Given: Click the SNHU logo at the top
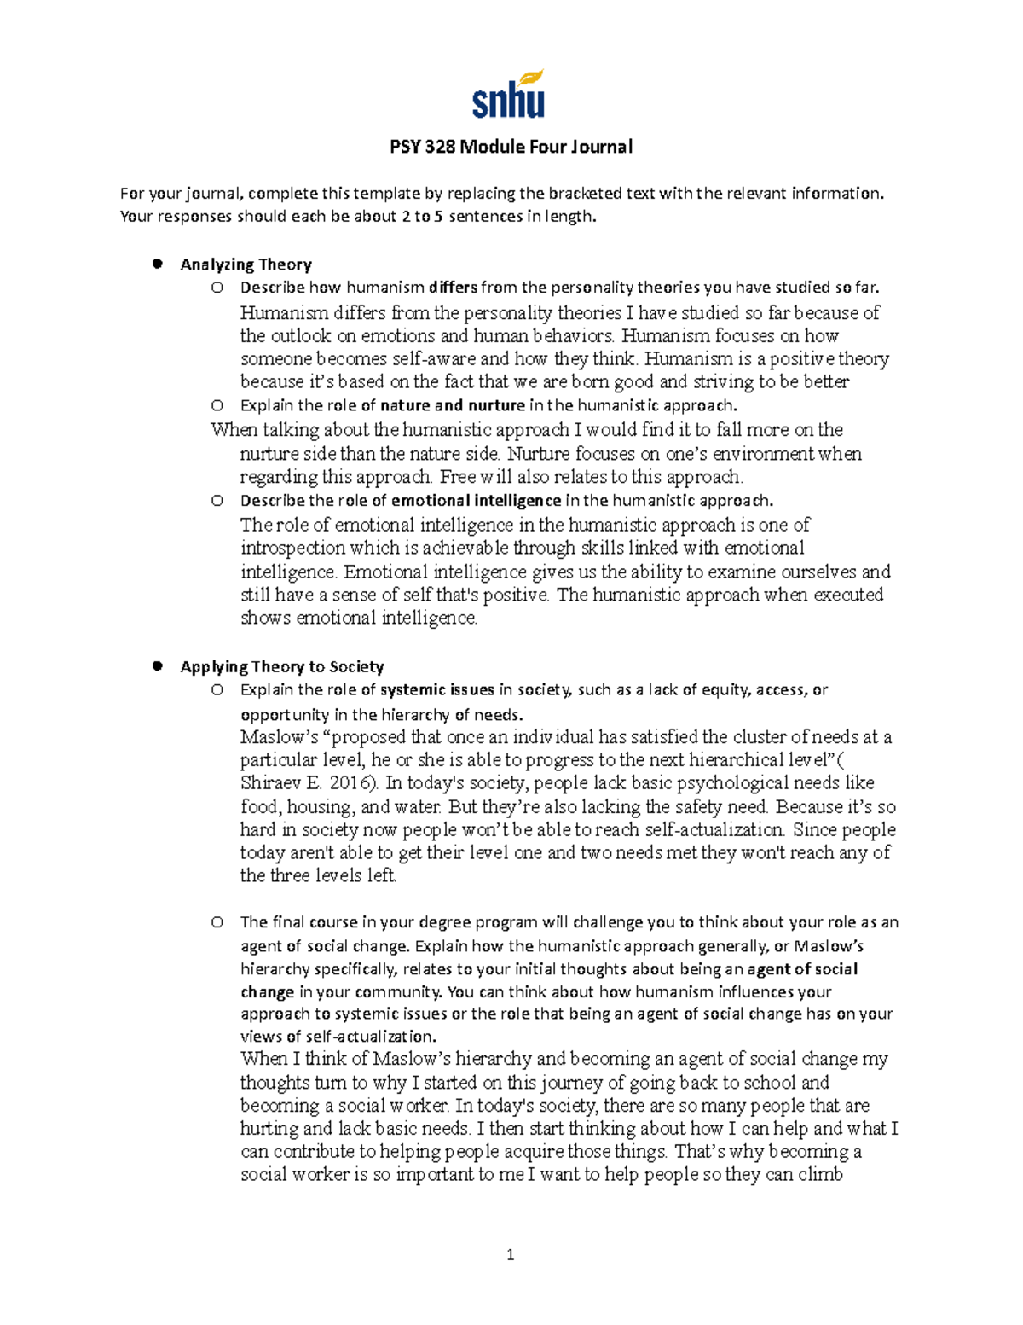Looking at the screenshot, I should pyautogui.click(x=509, y=96).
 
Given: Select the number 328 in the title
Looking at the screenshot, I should pyautogui.click(x=439, y=147).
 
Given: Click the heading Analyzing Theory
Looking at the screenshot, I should pyautogui.click(x=246, y=264).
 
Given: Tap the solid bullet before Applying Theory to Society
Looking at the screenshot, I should pyautogui.click(x=157, y=666).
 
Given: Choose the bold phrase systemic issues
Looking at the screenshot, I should pyautogui.click(x=437, y=689).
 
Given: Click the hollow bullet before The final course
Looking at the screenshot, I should pyautogui.click(x=217, y=922).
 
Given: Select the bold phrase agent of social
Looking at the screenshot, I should pyautogui.click(x=802, y=969).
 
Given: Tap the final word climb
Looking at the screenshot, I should pyautogui.click(x=819, y=1175).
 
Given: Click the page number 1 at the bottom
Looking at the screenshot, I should pyautogui.click(x=510, y=1254).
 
